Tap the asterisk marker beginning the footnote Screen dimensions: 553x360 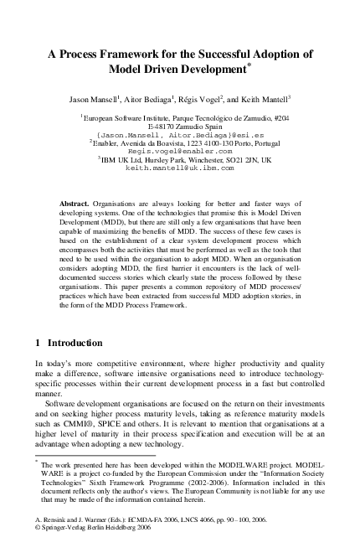click(x=37, y=461)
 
